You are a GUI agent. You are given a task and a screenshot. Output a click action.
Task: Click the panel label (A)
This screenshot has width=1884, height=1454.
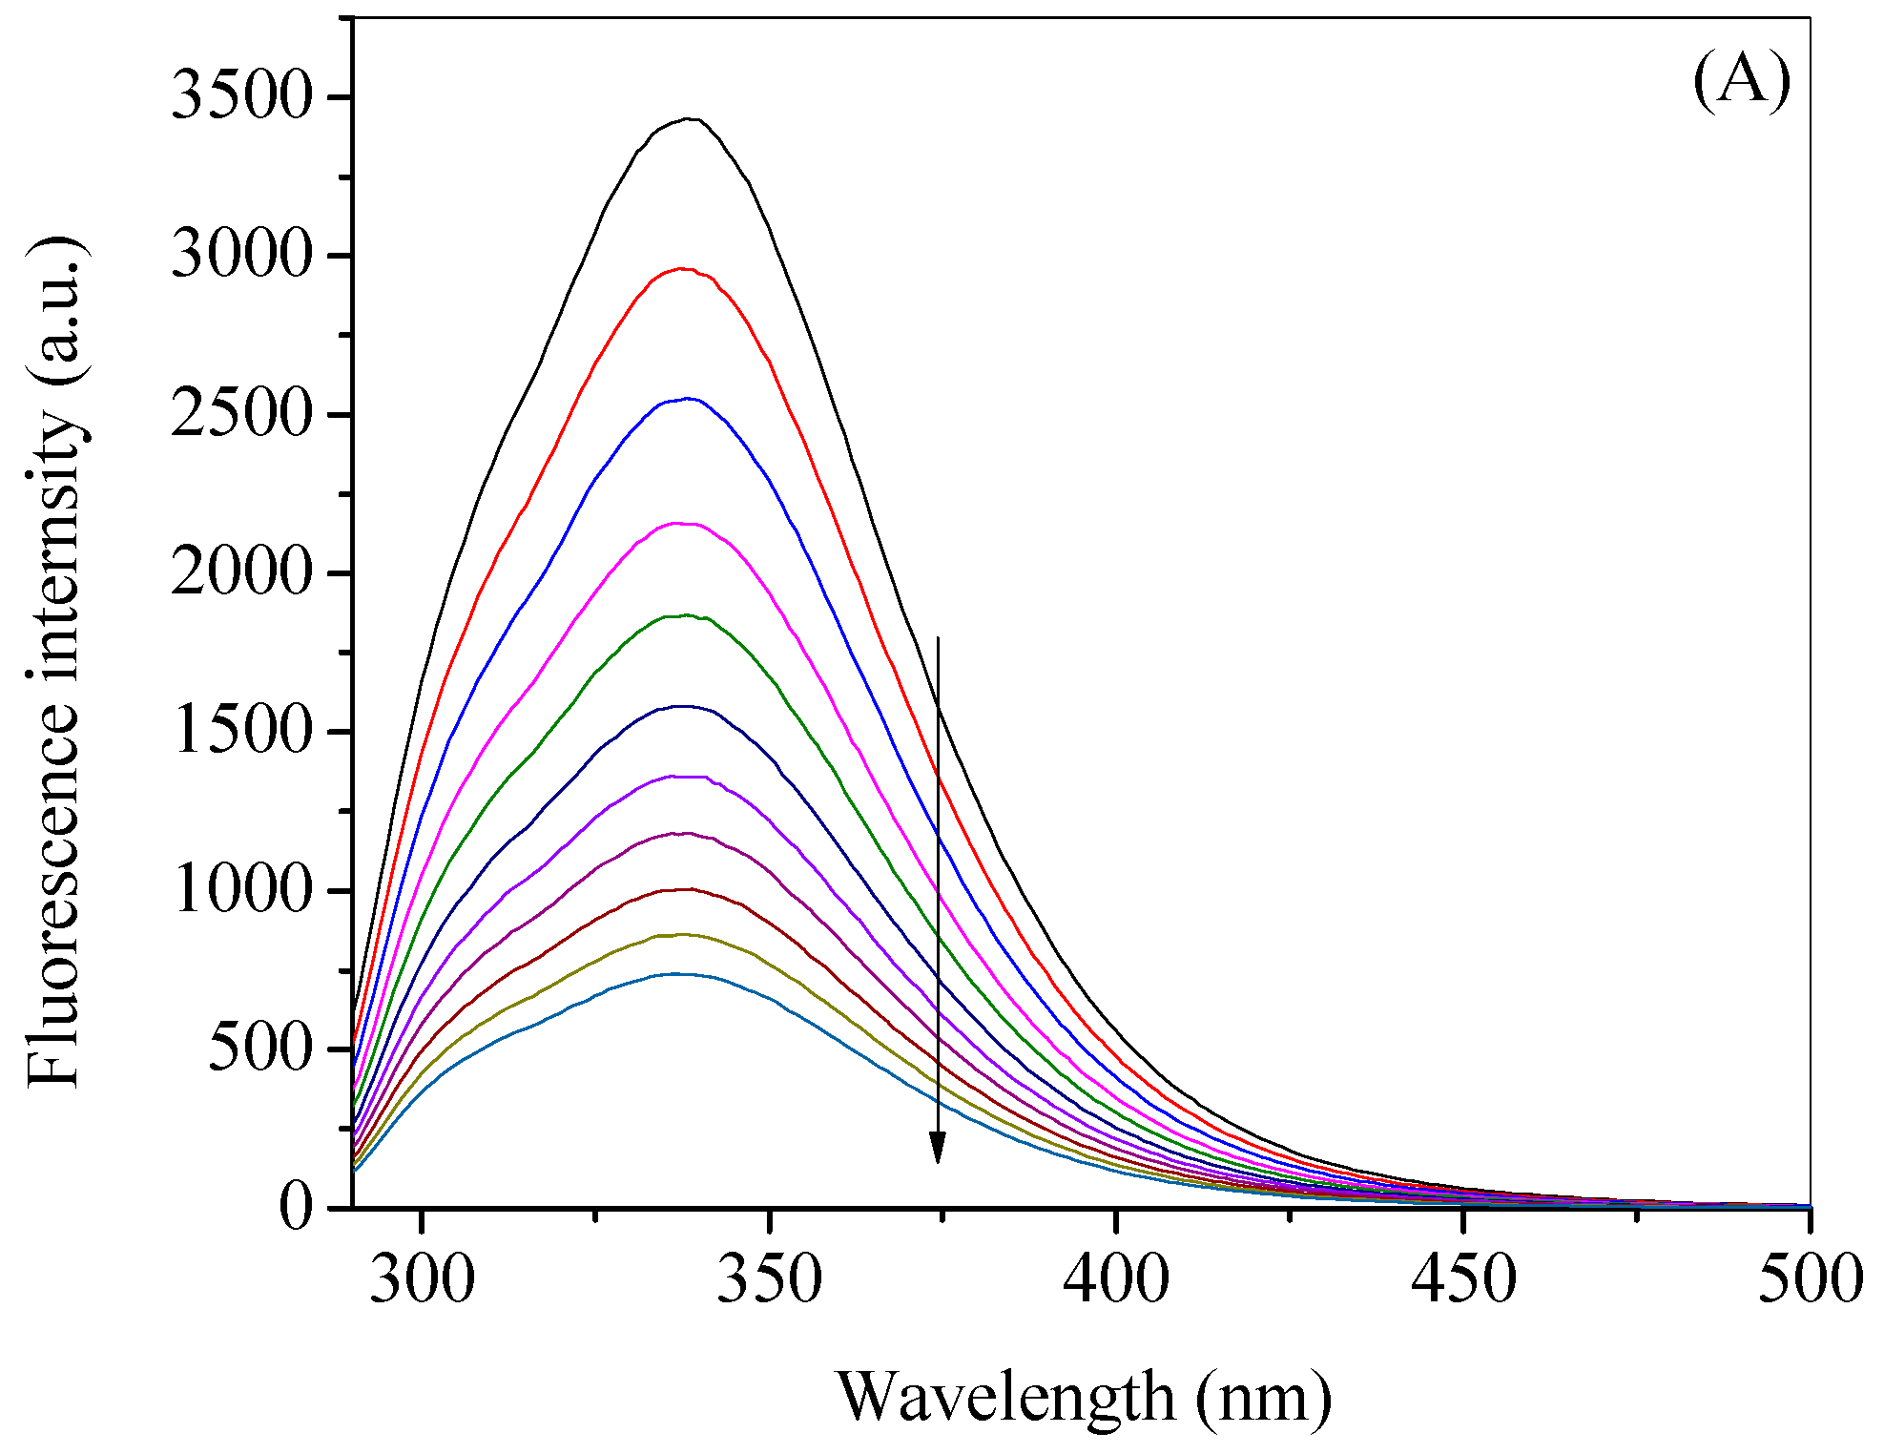tap(1741, 81)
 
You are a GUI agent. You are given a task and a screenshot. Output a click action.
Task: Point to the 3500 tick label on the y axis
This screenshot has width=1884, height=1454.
tap(242, 97)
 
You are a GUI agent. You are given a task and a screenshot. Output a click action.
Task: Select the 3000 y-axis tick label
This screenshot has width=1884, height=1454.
tap(242, 256)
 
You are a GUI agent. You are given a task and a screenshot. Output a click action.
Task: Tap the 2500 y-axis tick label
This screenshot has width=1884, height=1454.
tap(242, 415)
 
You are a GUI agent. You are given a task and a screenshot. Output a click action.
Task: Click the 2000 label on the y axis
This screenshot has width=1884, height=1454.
tap(242, 573)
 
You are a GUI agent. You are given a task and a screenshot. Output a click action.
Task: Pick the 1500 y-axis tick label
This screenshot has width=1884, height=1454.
tap(242, 732)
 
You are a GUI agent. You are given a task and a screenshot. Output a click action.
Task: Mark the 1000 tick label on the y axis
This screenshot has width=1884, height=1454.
tap(242, 891)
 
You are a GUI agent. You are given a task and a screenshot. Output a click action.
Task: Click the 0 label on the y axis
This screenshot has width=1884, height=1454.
tap(296, 1208)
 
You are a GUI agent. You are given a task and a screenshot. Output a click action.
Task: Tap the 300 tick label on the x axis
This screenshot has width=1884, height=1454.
tap(422, 1280)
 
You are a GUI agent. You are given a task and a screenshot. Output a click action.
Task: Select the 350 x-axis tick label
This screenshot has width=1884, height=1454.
tap(769, 1280)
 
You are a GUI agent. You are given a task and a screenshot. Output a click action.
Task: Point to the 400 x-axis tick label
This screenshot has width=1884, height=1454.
tap(1116, 1280)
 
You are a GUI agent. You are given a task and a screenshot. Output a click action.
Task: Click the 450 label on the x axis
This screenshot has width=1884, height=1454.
tap(1463, 1280)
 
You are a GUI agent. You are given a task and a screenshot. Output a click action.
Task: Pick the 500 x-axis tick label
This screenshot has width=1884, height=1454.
tap(1810, 1280)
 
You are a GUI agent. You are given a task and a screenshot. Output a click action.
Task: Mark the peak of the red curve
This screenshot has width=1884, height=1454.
tap(683, 269)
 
